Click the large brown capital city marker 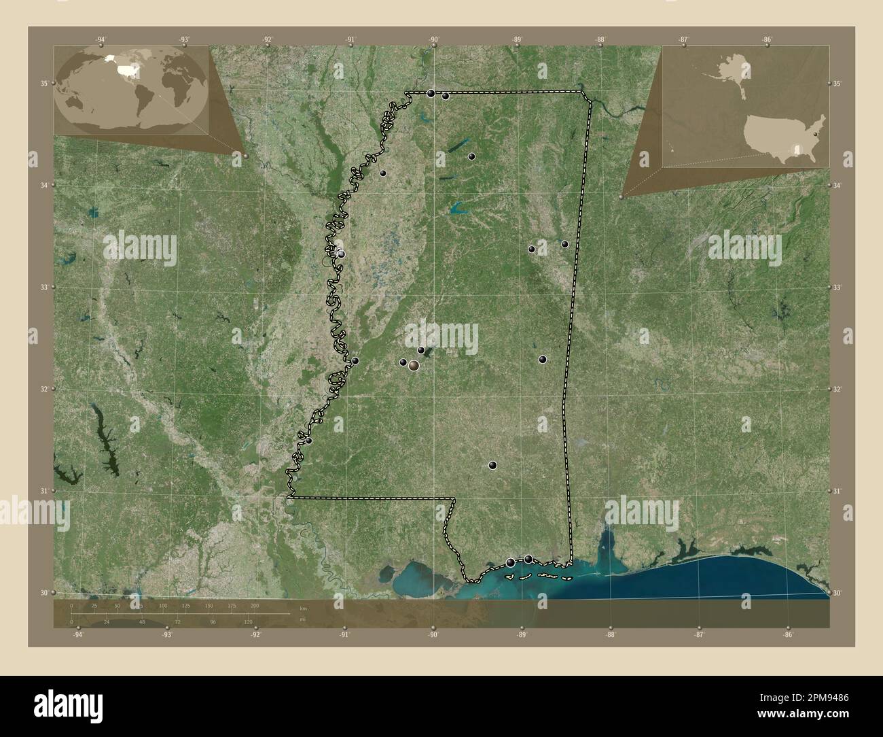[x=413, y=366]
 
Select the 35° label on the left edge [x=43, y=84]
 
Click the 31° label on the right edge [x=839, y=491]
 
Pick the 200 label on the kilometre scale [x=255, y=605]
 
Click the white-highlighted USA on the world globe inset [x=126, y=69]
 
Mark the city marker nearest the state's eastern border [x=565, y=244]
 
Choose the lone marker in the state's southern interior [x=493, y=466]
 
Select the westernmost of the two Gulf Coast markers [x=511, y=562]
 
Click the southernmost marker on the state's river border [x=308, y=441]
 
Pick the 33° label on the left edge [x=43, y=288]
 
